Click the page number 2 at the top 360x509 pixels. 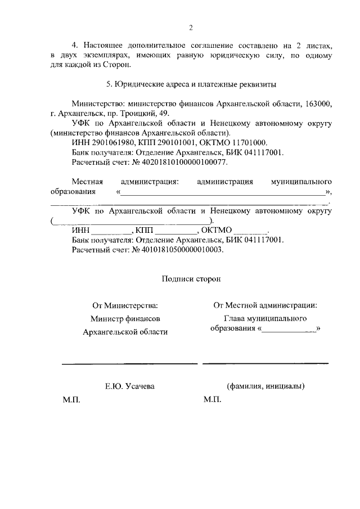pos(191,28)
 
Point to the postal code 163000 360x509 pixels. pos(318,104)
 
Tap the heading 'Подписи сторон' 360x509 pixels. pos(191,278)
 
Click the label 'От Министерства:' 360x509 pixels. pos(125,306)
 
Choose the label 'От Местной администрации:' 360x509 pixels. pos(265,305)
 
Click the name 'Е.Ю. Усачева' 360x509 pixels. pos(130,386)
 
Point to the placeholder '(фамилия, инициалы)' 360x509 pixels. pos(265,386)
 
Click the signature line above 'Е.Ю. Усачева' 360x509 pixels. pos(129,364)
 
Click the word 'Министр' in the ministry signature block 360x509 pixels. pos(105,319)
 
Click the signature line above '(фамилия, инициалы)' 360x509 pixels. pos(265,363)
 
